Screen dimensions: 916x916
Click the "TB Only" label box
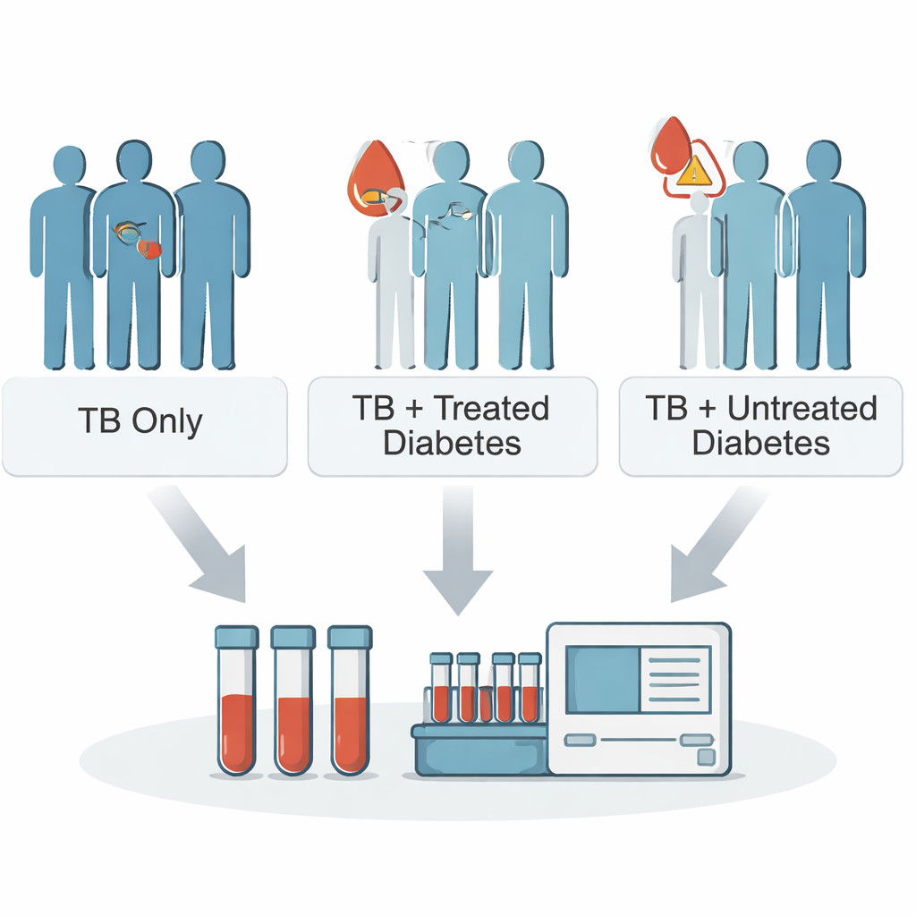point(143,425)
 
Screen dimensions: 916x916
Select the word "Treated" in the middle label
point(490,409)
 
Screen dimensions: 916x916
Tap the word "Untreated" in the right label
point(801,409)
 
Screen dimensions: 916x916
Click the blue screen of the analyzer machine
point(602,679)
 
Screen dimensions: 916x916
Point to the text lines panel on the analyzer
point(674,680)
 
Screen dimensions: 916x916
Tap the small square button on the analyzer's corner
point(706,758)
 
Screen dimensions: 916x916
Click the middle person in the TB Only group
point(134,259)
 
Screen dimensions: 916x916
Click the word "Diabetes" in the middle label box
point(452,443)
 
